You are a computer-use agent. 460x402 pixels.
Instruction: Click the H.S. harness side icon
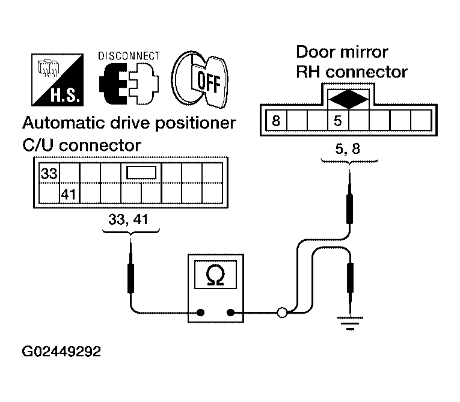(x=58, y=80)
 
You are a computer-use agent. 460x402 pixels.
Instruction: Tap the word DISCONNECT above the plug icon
(x=129, y=56)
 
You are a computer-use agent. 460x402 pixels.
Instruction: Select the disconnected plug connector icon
(x=129, y=84)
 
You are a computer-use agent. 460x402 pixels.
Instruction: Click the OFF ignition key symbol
(x=200, y=79)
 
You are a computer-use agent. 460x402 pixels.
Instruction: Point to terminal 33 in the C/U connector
(x=49, y=173)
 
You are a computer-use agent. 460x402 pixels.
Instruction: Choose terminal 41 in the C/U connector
(x=69, y=195)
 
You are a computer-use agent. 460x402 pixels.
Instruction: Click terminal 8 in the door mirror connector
(x=276, y=121)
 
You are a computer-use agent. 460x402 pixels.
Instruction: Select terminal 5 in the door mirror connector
(x=338, y=121)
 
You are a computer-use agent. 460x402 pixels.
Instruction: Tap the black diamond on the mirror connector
(x=348, y=99)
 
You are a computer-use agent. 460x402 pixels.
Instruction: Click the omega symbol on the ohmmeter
(x=215, y=275)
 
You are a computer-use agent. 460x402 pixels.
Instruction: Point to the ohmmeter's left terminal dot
(x=201, y=312)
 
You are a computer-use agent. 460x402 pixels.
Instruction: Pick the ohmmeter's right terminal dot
(x=230, y=312)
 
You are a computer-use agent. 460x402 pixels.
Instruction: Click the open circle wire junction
(x=282, y=312)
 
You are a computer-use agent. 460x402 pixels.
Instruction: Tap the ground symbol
(x=350, y=323)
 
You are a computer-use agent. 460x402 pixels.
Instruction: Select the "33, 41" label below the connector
(x=128, y=219)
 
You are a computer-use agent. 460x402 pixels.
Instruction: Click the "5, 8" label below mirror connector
(x=348, y=148)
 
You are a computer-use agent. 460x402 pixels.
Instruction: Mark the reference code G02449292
(x=61, y=352)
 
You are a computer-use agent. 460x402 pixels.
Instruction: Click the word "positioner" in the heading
(x=195, y=123)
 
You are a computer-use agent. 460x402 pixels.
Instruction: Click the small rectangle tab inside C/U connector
(x=141, y=172)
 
